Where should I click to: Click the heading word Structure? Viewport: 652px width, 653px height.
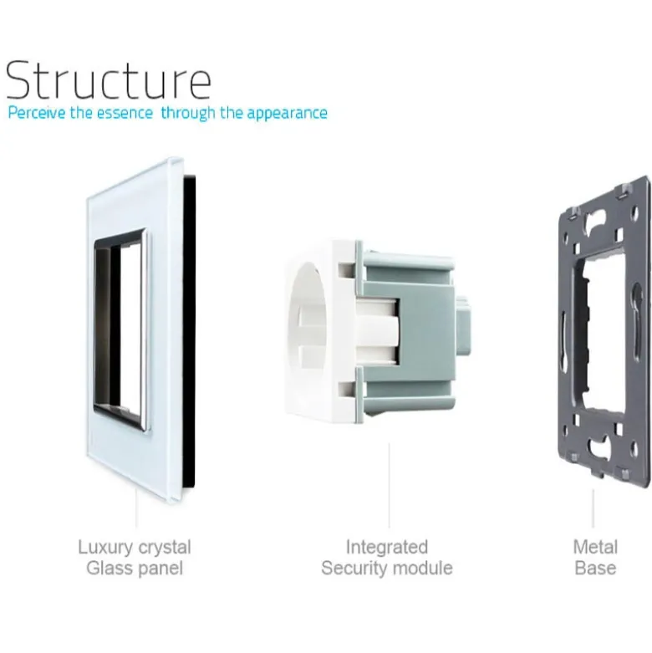coord(109,80)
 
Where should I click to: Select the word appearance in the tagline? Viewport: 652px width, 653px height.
coord(287,114)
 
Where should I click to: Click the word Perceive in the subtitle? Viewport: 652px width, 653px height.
coord(37,113)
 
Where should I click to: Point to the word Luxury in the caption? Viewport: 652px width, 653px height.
coord(106,548)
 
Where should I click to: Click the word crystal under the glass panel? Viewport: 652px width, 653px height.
coord(165,547)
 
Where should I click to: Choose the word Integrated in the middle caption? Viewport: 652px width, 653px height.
coord(387,548)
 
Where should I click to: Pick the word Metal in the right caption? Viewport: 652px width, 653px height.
coord(595,547)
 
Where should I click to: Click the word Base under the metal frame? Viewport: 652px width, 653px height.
coord(595,568)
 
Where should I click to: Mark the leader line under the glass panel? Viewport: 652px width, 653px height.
coord(136,508)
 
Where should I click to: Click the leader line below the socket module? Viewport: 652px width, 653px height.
coord(390,485)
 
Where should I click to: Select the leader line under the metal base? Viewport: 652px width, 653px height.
coord(593,508)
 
